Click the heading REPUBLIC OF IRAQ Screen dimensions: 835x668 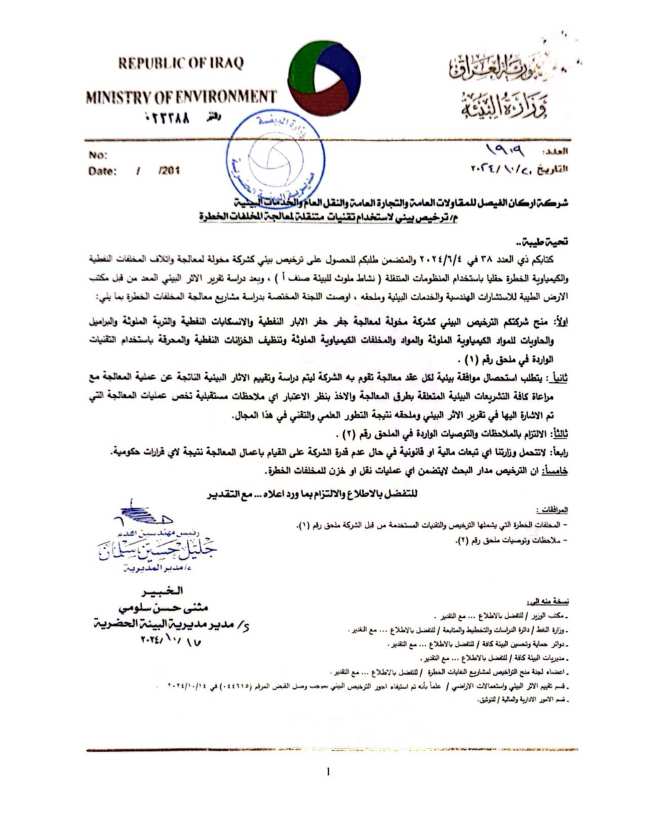click(x=181, y=63)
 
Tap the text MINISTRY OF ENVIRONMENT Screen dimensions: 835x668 click(x=181, y=97)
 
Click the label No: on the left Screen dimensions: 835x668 click(x=98, y=155)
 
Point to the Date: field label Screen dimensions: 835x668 click(x=102, y=171)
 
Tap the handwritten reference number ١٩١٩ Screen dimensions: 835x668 click(x=505, y=149)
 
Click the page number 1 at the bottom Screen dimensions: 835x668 click(x=328, y=771)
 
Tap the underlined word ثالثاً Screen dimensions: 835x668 click(x=558, y=433)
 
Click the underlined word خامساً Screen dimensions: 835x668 click(x=555, y=471)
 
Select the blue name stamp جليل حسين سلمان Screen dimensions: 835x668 click(x=158, y=548)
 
